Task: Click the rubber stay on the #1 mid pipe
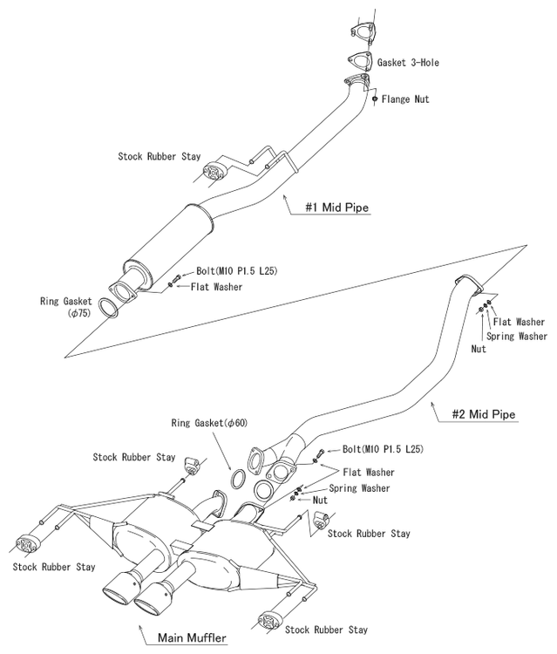(x=212, y=171)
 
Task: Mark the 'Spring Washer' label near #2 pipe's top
(x=517, y=335)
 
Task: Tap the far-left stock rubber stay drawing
(x=27, y=545)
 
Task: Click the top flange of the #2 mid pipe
(x=468, y=286)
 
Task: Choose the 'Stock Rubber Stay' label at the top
(x=160, y=157)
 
